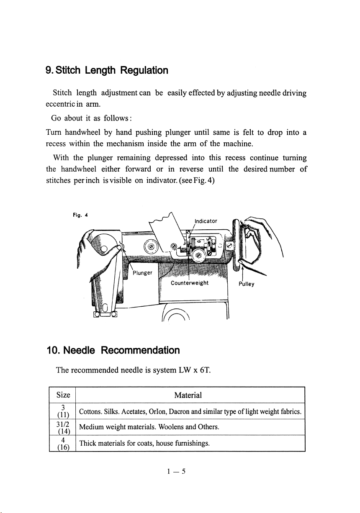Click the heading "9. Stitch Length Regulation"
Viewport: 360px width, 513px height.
107,70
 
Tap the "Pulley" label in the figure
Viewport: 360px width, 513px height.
247,283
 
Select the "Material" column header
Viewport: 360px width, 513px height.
188,395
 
